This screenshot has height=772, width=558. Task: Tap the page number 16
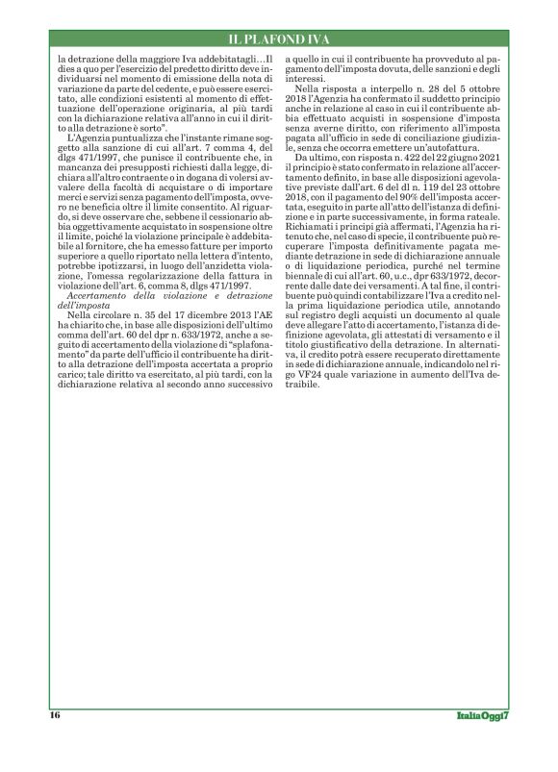point(55,714)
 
